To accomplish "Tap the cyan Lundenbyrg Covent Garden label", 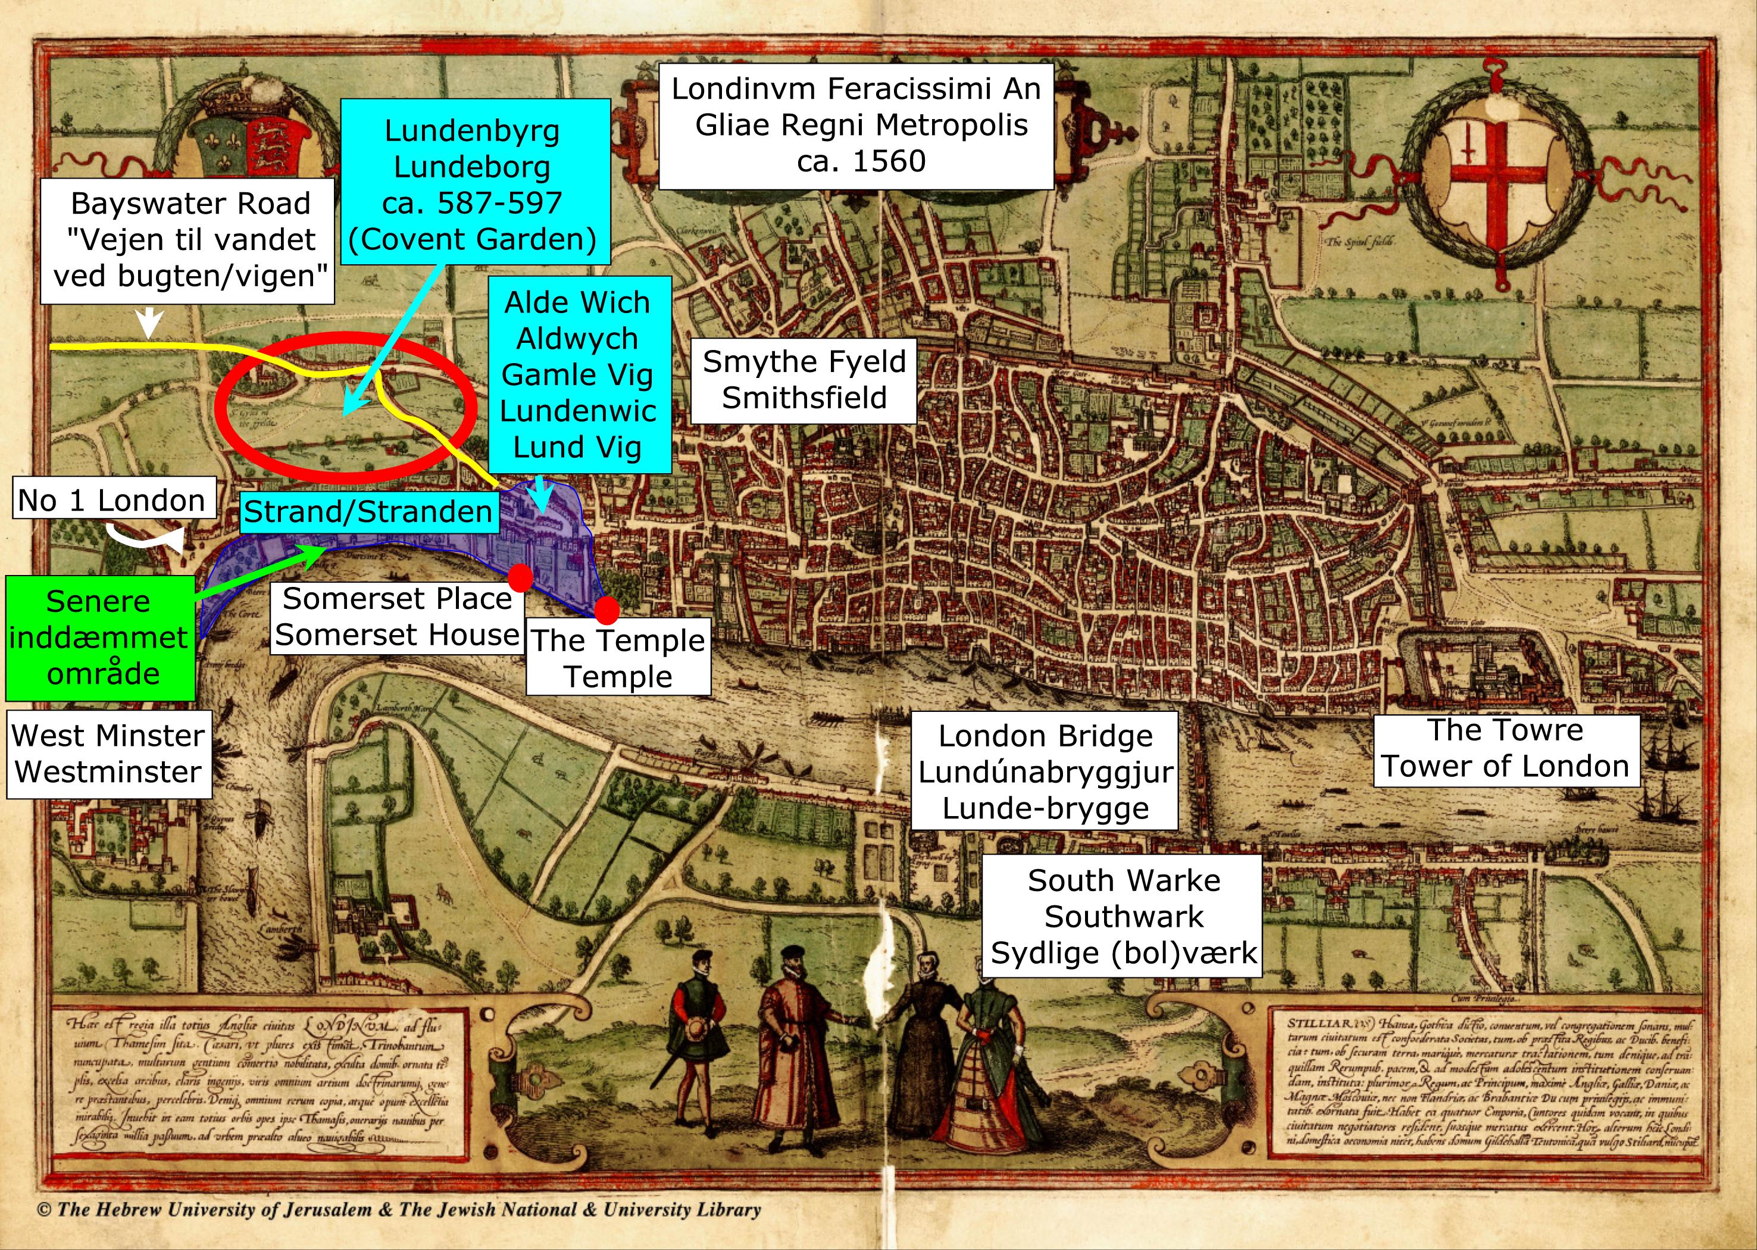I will [473, 185].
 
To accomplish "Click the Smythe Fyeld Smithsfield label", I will [804, 380].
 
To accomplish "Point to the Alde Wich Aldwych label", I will [578, 375].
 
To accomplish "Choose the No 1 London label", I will [111, 501].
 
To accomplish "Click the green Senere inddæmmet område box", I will [99, 637].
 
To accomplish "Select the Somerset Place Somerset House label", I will [398, 617].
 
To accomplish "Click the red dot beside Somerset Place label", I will [520, 577].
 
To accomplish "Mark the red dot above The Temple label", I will [607, 610].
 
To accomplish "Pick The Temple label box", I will [618, 659].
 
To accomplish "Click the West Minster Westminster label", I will [108, 754].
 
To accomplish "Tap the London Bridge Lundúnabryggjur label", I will [1045, 772].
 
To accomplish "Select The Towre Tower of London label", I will [1505, 748].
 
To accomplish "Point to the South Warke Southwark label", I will [1123, 917].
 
